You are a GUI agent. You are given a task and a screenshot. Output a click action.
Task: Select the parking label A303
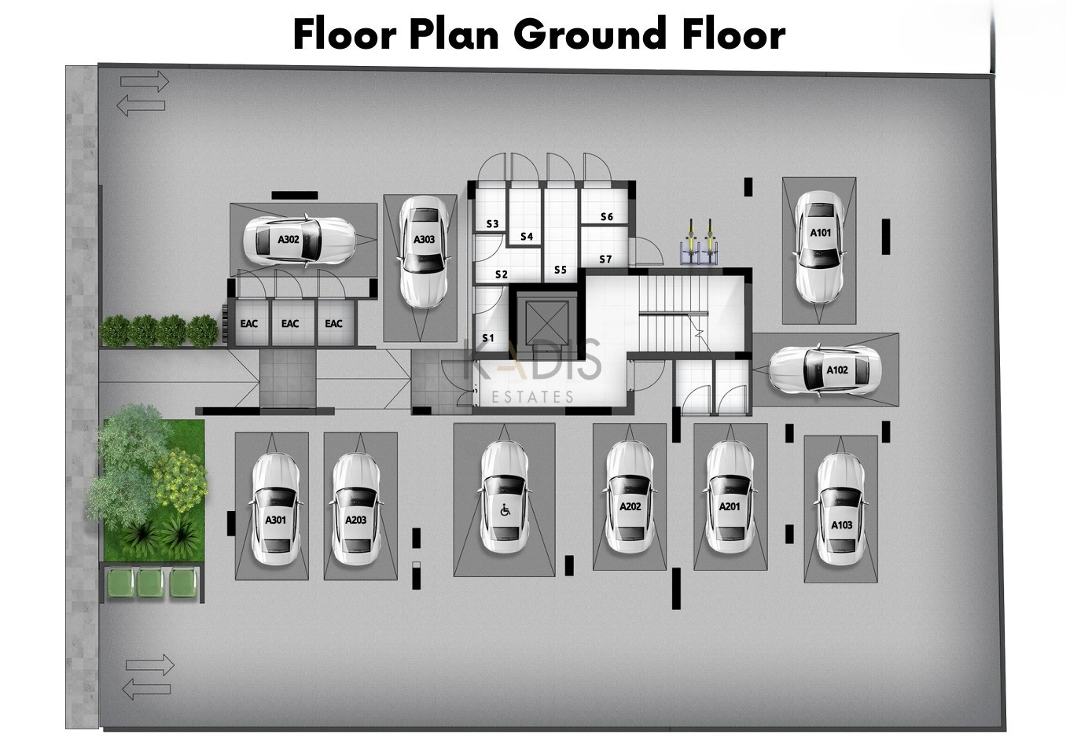coord(424,240)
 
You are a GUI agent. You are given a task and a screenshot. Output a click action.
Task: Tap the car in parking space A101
coord(820,248)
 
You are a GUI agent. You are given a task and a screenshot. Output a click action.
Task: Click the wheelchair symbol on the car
coord(505,511)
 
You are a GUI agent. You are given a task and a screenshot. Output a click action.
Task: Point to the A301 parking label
coord(276,520)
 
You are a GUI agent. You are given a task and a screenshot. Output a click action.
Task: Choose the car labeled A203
coord(356,509)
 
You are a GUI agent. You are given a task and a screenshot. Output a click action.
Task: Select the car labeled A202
coord(630,498)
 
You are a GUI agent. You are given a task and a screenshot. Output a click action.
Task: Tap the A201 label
coord(730,507)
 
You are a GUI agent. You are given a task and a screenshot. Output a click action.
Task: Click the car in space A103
coord(841,509)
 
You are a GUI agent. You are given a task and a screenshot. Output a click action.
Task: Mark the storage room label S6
coord(607,217)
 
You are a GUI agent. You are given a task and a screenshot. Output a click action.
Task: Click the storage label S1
coord(488,338)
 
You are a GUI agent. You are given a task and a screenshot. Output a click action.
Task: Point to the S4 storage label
coord(527,237)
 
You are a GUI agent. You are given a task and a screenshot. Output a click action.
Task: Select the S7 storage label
coord(605,259)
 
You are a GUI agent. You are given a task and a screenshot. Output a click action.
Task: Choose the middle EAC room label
coord(290,324)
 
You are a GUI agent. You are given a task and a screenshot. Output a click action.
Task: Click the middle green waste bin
coord(150,583)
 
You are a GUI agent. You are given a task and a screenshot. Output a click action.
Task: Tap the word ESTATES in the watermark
coord(532,397)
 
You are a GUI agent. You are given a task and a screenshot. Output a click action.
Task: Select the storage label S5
coord(561,270)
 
